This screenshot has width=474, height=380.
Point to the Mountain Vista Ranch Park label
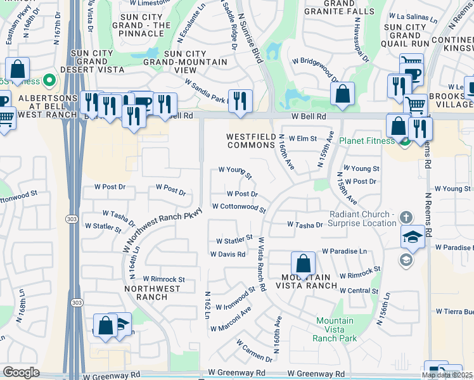tap(335, 329)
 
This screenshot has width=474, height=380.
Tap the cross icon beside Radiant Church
tap(407, 217)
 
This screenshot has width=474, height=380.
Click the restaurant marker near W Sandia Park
tap(240, 101)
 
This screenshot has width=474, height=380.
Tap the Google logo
tap(21, 372)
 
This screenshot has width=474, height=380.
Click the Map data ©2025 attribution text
tap(447, 375)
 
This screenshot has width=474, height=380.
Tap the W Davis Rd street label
tap(228, 254)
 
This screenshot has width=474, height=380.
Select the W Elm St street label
tap(303, 138)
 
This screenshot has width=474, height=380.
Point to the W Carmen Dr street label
tap(255, 351)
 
